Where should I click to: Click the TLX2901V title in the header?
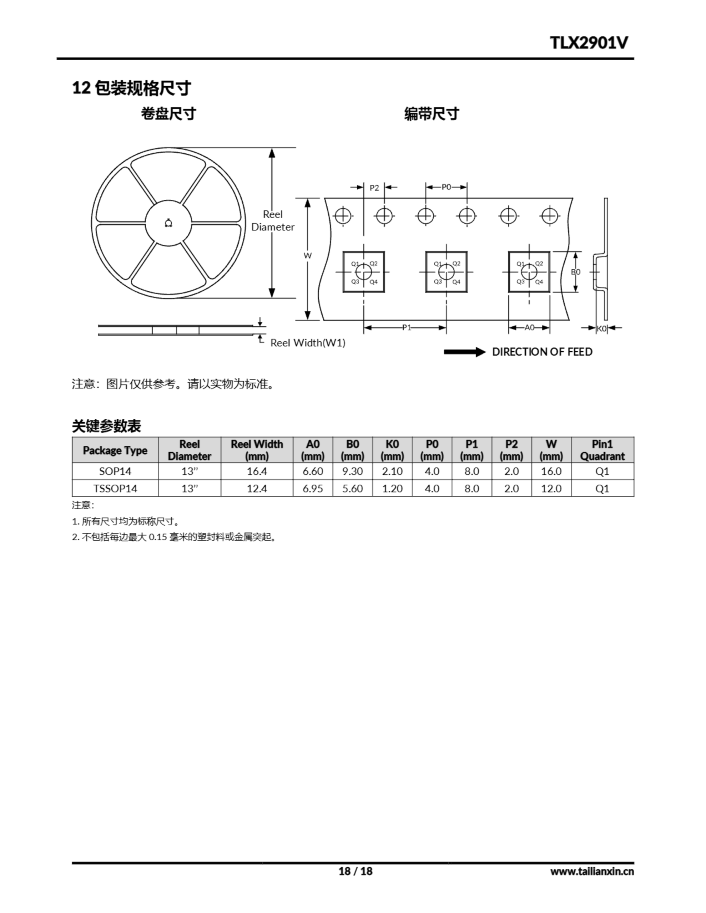[x=589, y=43]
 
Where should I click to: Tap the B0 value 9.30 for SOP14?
[x=352, y=471]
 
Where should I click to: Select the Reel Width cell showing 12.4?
[x=257, y=488]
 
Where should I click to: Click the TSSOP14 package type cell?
[x=115, y=488]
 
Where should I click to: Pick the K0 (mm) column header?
[x=392, y=450]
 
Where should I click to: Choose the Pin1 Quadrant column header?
[x=602, y=450]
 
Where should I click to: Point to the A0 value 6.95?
[x=313, y=488]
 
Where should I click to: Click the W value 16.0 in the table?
[x=551, y=471]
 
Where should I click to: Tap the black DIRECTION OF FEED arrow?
[x=464, y=352]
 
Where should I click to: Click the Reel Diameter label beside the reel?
[x=273, y=221]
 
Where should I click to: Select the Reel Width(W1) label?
[x=308, y=343]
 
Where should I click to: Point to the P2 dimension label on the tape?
[x=374, y=188]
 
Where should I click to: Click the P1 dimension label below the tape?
[x=406, y=328]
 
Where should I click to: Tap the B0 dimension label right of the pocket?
[x=576, y=272]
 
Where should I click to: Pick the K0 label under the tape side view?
[x=601, y=328]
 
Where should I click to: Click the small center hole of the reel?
[x=168, y=223]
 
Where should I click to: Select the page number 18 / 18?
[x=355, y=871]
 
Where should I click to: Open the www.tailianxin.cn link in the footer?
[x=592, y=872]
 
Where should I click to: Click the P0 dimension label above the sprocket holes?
[x=446, y=187]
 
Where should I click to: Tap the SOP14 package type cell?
[x=115, y=471]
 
